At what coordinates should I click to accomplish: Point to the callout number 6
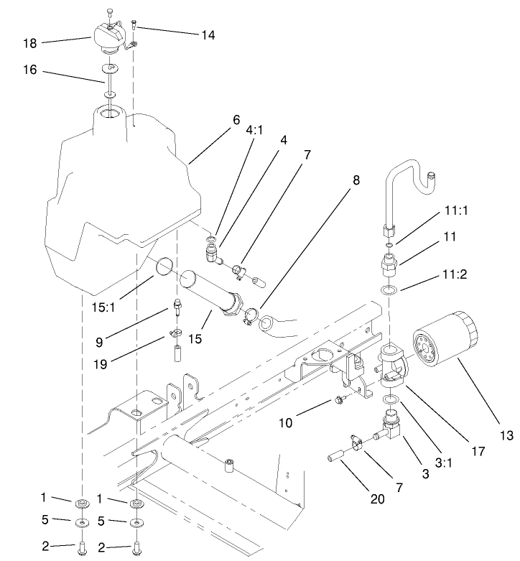click(x=235, y=121)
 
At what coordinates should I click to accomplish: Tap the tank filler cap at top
click(x=108, y=36)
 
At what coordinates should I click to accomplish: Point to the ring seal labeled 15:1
click(x=163, y=268)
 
